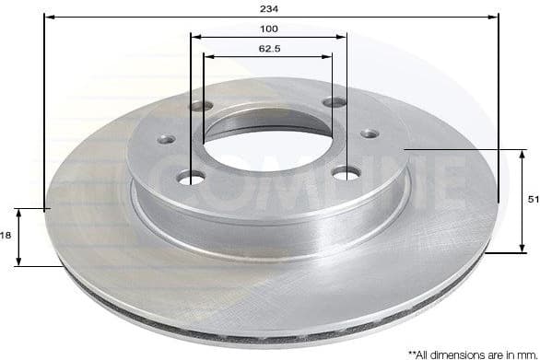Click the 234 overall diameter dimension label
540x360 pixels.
pos(270,7)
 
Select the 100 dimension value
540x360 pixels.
pos(269,28)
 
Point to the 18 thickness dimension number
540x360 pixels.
pos(6,237)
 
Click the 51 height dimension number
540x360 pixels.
pos(532,199)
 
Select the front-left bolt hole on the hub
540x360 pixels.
pos(193,177)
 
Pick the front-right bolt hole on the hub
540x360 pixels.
pos(344,172)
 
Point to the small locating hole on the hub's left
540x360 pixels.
pos(167,139)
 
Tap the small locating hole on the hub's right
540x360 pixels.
pos(369,133)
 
